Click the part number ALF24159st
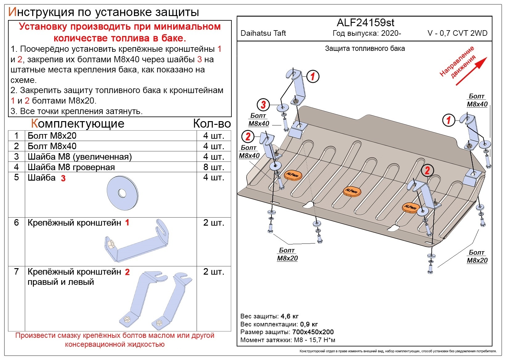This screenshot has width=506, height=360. pos(365,22)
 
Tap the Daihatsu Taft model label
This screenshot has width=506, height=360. pos(263,33)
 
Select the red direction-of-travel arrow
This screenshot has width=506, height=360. pos(471,72)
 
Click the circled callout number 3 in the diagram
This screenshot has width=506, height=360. pos(263,104)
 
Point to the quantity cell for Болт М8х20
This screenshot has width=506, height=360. pos(214,136)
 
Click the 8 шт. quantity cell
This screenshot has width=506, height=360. pos(214,167)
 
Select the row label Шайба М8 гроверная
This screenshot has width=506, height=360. pos(71,167)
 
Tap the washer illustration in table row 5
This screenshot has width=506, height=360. pos(123,193)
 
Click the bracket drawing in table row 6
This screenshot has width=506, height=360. pos(137,240)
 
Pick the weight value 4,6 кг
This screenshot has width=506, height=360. pos(289,316)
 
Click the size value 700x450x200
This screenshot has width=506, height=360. pos(313,332)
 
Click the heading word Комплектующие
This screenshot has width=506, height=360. pos(78,123)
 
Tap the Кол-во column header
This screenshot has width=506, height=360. pos(212,123)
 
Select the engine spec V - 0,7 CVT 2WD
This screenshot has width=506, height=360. pos(457,33)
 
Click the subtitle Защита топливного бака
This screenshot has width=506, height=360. pos(365,48)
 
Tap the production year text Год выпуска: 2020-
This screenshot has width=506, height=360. pos(367,33)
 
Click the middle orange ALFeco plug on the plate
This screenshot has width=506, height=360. pos(352,191)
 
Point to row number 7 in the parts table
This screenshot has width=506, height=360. pos(16,272)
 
